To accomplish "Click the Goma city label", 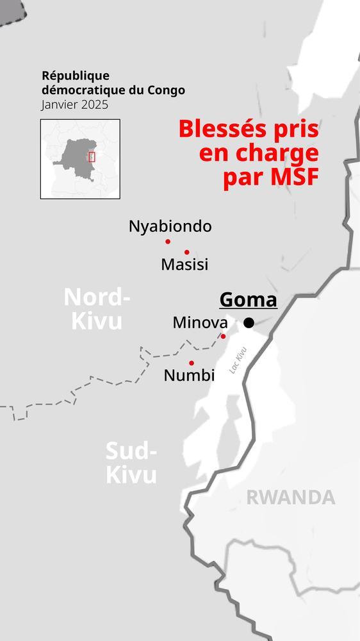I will point(248,300).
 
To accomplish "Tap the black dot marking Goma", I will point(249,323).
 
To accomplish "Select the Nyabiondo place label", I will point(170,226).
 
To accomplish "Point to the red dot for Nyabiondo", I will point(168,242).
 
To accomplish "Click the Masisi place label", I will point(184,264).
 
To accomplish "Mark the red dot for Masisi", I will point(187,252).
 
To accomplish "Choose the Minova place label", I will point(200,322).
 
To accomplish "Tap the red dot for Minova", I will point(224,336).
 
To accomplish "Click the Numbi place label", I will point(189,376).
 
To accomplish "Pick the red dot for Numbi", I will point(192,363).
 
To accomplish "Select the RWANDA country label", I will point(291,497).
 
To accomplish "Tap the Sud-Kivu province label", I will point(131,463).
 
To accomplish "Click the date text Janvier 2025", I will point(74,104).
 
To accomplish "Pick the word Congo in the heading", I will point(167,90).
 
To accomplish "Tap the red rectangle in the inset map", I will point(92,156).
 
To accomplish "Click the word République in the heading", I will point(76,76).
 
